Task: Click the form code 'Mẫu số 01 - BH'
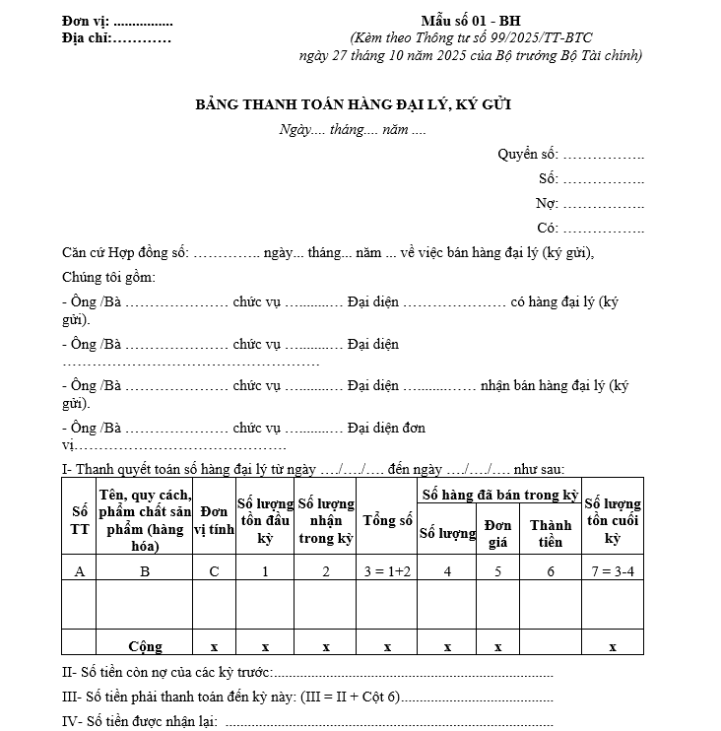(471, 21)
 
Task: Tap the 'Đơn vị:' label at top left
(86, 21)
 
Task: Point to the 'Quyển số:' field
(528, 154)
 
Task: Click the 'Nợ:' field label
(547, 203)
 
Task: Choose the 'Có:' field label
(548, 228)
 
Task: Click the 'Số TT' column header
(79, 519)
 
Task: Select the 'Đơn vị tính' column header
(214, 520)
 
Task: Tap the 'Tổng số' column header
(387, 519)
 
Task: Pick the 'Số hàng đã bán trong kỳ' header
(499, 493)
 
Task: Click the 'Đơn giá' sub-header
(498, 532)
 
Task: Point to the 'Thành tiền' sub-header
(551, 533)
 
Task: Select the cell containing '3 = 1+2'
(387, 570)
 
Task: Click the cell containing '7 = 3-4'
(612, 570)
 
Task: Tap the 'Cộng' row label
(145, 646)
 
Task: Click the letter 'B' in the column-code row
(145, 570)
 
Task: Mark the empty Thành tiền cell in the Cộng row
(551, 646)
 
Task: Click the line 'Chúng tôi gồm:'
(108, 277)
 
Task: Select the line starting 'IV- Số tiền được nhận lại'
(139, 721)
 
